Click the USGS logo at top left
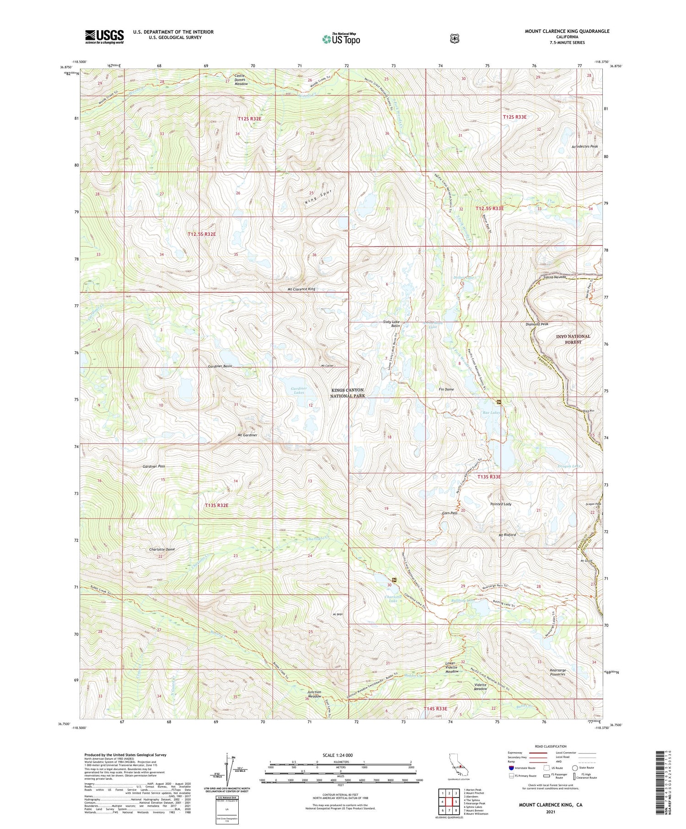pyautogui.click(x=104, y=37)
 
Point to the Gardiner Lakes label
pyautogui.click(x=298, y=390)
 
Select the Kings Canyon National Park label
pyautogui.click(x=348, y=393)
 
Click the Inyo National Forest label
pyautogui.click(x=573, y=339)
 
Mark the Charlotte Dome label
pyautogui.click(x=162, y=549)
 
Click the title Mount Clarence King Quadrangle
pyautogui.click(x=567, y=31)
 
